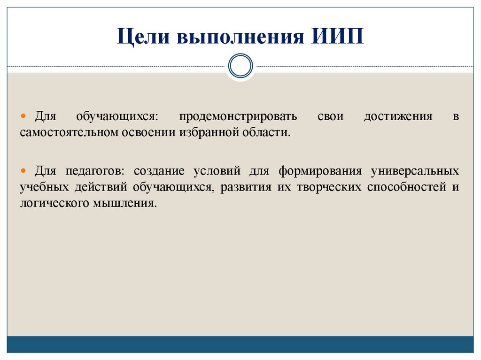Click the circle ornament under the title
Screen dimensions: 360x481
tap(240, 65)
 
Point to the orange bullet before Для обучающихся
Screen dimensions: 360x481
tap(23, 116)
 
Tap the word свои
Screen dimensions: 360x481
tap(331, 116)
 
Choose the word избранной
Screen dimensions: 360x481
tap(209, 132)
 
